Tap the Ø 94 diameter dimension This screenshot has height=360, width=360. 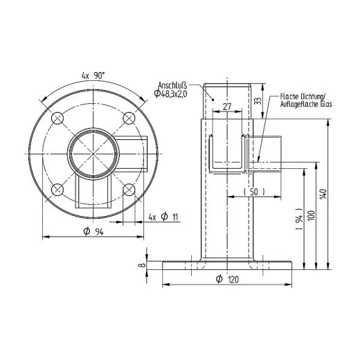[x=93, y=231]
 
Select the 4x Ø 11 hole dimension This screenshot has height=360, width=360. [x=164, y=217]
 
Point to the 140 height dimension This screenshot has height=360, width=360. [x=322, y=195]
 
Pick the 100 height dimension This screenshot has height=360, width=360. [x=311, y=215]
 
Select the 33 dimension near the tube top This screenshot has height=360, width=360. [x=258, y=101]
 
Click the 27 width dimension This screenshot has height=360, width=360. [x=227, y=108]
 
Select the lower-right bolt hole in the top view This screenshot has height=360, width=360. [x=128, y=188]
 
